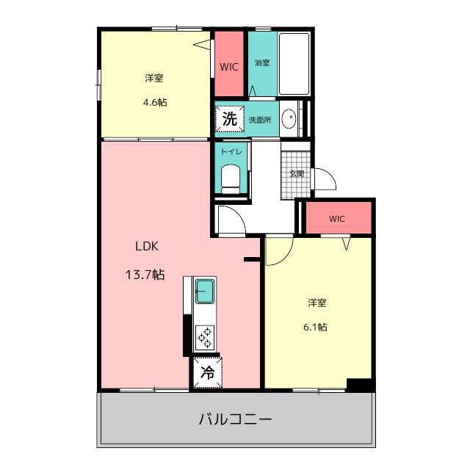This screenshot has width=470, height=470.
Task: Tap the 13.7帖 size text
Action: [145, 275]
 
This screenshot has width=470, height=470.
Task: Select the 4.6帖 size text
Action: [155, 102]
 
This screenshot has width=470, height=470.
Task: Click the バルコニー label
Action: [236, 420]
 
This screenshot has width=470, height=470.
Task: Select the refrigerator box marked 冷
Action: [208, 372]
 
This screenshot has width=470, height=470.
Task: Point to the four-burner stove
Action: [204, 338]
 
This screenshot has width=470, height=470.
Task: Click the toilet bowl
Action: [231, 177]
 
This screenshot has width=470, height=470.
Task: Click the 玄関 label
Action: [296, 174]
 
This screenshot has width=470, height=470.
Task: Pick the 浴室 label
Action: [262, 62]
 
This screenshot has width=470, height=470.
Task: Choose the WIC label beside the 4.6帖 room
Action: [228, 67]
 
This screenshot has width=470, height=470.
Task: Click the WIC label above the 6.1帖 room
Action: [336, 219]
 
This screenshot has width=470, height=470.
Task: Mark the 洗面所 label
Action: [259, 120]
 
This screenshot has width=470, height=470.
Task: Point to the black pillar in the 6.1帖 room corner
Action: [360, 383]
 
